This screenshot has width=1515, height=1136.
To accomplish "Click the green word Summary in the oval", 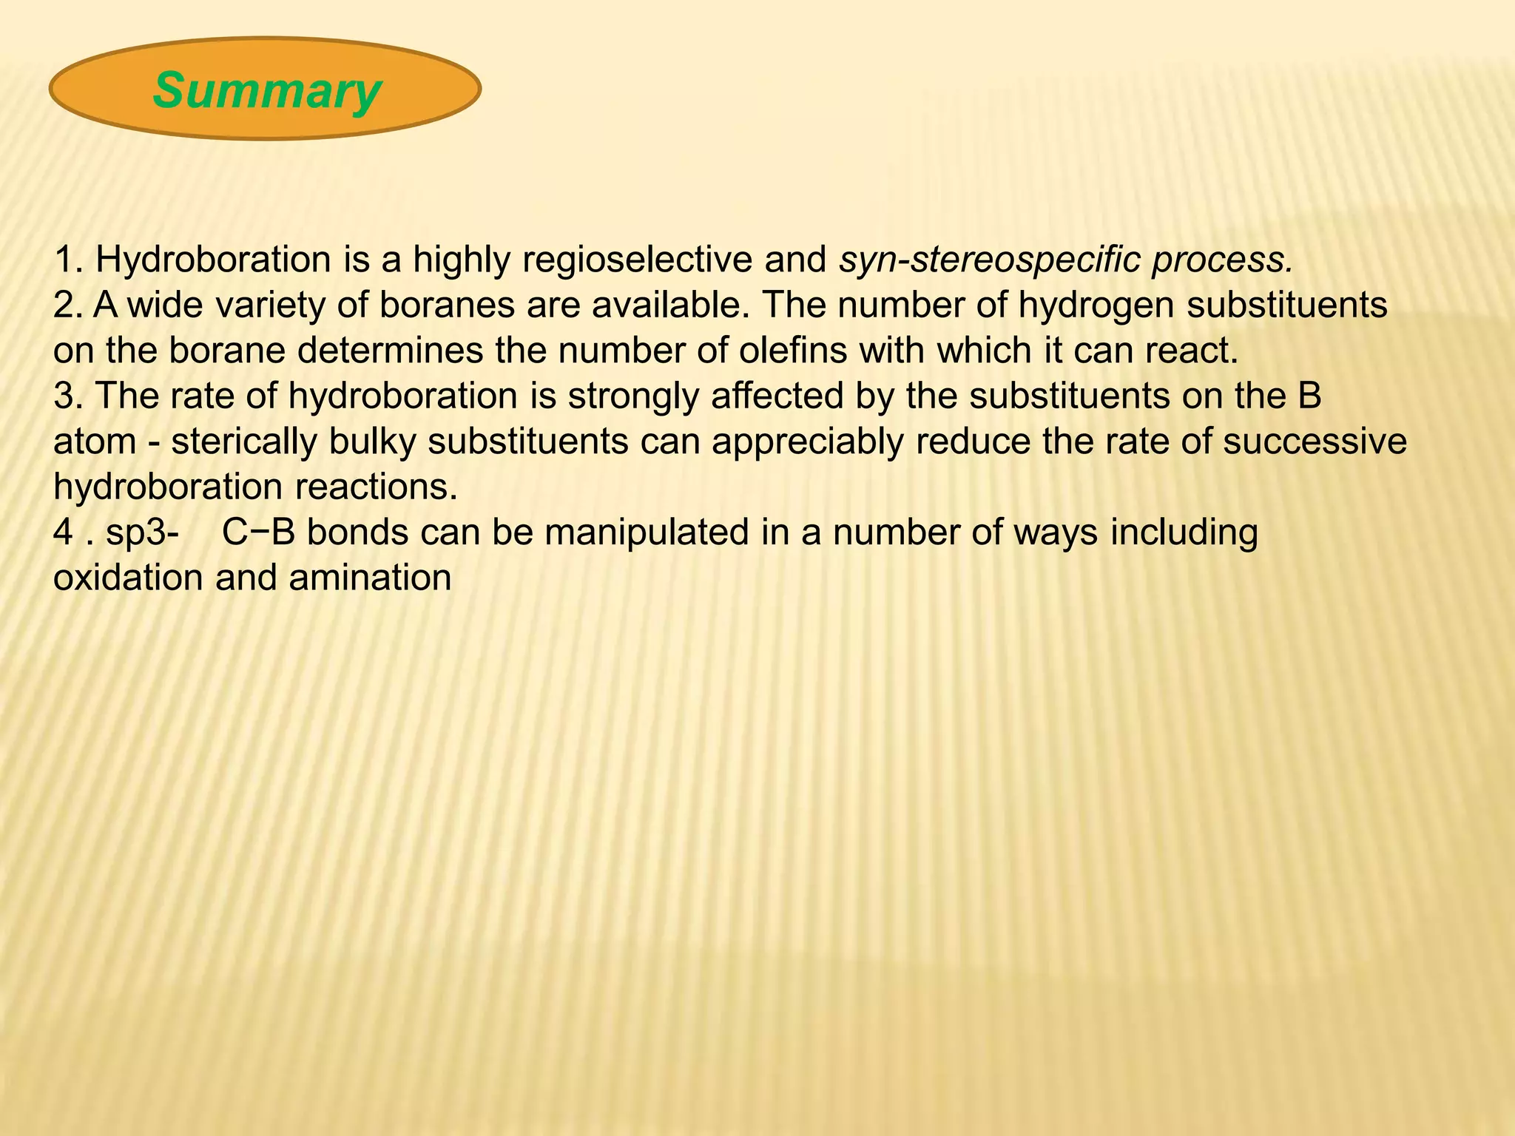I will [x=266, y=90].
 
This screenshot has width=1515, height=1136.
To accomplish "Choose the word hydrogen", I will [x=1096, y=305].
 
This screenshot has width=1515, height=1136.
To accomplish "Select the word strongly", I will [x=632, y=396].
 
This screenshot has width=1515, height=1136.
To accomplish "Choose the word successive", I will [x=1315, y=442].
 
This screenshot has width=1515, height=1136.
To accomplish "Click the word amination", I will [x=370, y=578].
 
